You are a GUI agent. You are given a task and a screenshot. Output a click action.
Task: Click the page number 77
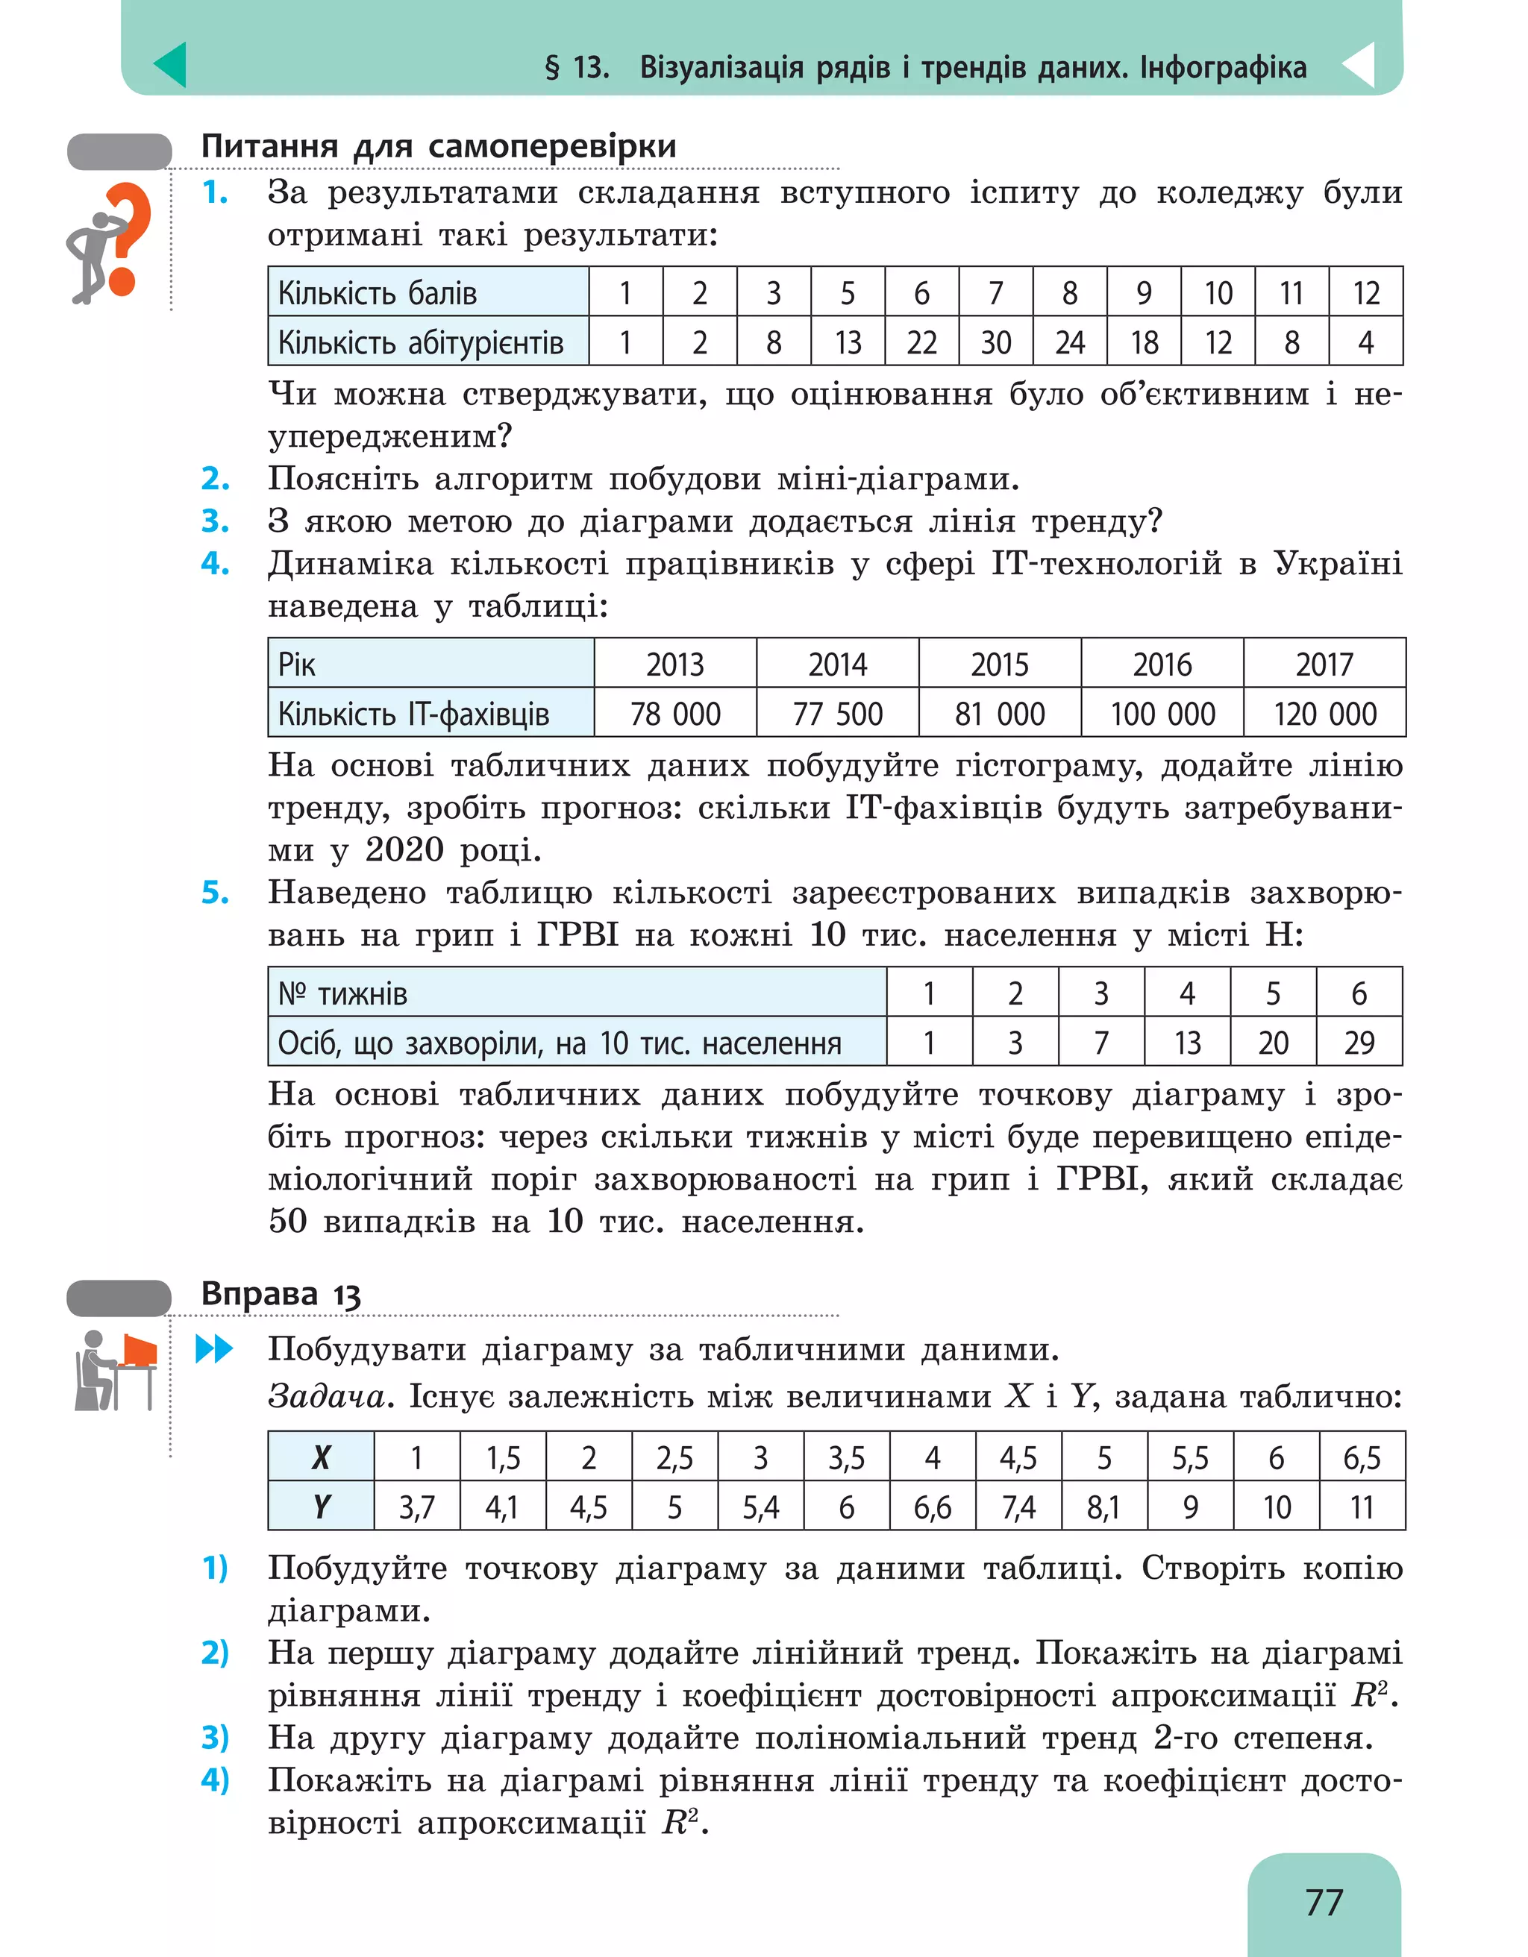(1323, 1902)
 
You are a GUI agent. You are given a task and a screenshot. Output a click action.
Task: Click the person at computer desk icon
(116, 1370)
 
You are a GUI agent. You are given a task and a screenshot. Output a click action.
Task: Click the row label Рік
(297, 664)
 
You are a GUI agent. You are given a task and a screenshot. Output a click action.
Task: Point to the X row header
(321, 1458)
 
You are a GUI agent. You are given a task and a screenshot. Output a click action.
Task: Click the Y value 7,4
(1018, 1507)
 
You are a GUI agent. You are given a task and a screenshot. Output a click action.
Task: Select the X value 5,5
(1189, 1458)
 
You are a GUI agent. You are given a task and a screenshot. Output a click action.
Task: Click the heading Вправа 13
(281, 1294)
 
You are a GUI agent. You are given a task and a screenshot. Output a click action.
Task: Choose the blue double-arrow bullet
(214, 1349)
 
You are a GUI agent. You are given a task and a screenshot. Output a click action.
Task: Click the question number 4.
(214, 564)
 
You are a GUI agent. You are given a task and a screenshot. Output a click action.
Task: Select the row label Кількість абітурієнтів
(420, 342)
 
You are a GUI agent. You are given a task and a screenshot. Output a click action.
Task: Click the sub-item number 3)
(215, 1738)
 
